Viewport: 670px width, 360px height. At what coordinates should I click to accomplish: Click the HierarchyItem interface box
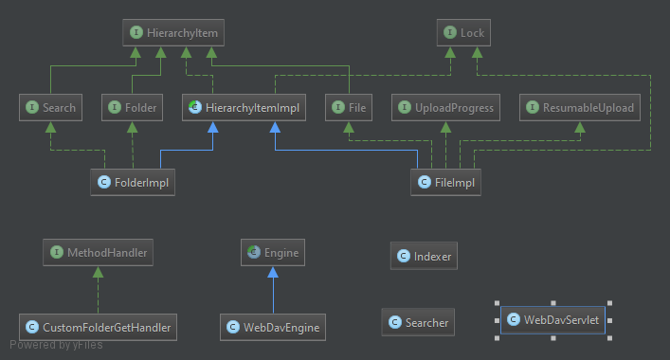point(173,32)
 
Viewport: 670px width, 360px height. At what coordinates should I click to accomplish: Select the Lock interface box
point(463,32)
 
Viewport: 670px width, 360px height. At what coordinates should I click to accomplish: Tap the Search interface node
point(50,107)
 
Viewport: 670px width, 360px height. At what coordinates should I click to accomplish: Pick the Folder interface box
point(132,107)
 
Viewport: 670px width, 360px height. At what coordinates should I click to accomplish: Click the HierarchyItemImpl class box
point(244,107)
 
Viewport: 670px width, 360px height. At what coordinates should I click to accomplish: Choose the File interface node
point(348,107)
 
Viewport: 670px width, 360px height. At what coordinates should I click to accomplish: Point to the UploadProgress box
point(445,107)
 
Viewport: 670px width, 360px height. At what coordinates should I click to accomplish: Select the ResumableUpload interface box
point(580,107)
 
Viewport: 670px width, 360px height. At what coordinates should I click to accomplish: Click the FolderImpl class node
point(133,182)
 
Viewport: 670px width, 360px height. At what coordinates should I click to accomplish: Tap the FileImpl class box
point(445,182)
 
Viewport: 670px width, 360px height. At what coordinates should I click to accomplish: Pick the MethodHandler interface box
point(98,252)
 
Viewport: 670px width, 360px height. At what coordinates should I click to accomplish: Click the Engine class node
point(273,252)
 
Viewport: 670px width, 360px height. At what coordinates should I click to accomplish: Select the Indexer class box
point(424,256)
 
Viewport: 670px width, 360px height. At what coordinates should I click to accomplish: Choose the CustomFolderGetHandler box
point(98,327)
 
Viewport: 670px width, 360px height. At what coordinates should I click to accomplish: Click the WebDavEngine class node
point(273,327)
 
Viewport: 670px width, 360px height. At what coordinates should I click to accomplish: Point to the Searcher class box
point(418,322)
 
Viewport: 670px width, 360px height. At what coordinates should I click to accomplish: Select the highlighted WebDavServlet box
point(552,320)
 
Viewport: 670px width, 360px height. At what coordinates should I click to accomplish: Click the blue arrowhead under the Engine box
point(273,272)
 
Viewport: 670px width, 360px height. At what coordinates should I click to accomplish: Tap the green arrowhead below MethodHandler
point(98,272)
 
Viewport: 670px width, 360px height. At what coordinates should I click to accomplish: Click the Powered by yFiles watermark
point(56,345)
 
